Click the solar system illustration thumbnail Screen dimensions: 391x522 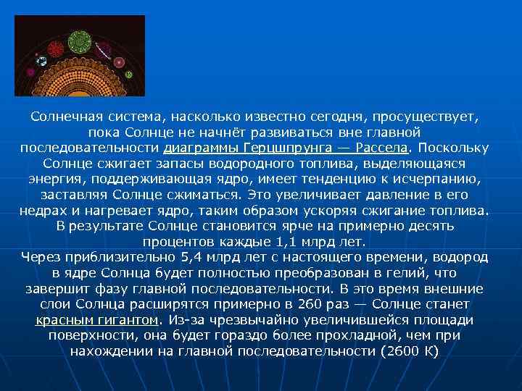(x=80, y=56)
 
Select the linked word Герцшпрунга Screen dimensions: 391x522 (x=274, y=148)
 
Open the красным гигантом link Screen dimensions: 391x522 (x=96, y=320)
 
